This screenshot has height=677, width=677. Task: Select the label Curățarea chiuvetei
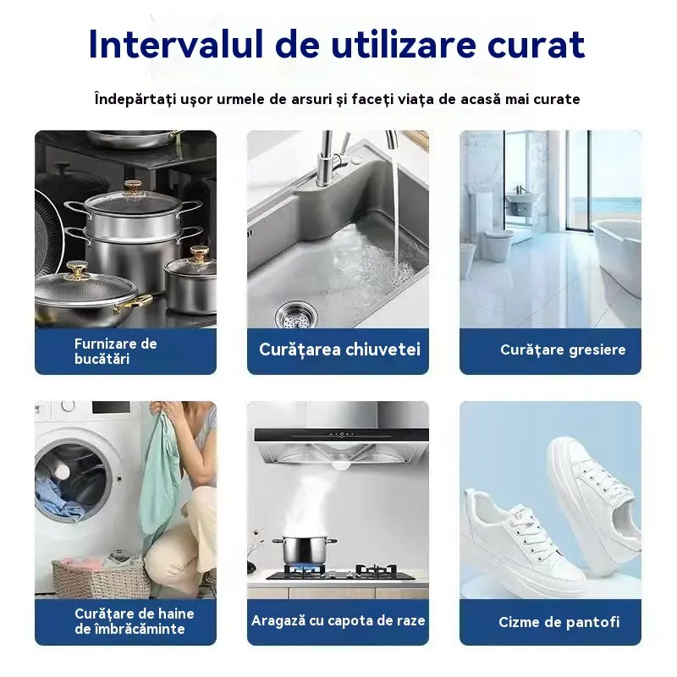click(339, 350)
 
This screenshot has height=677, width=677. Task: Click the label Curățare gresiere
click(563, 350)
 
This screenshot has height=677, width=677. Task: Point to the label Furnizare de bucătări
click(115, 351)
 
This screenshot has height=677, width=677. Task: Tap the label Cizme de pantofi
click(559, 622)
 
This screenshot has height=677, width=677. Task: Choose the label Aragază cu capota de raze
click(338, 620)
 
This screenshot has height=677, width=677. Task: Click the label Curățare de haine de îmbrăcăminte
click(135, 621)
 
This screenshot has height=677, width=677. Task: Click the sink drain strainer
click(295, 315)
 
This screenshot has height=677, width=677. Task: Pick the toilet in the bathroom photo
click(497, 245)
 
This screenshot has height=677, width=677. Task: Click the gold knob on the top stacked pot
click(134, 188)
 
